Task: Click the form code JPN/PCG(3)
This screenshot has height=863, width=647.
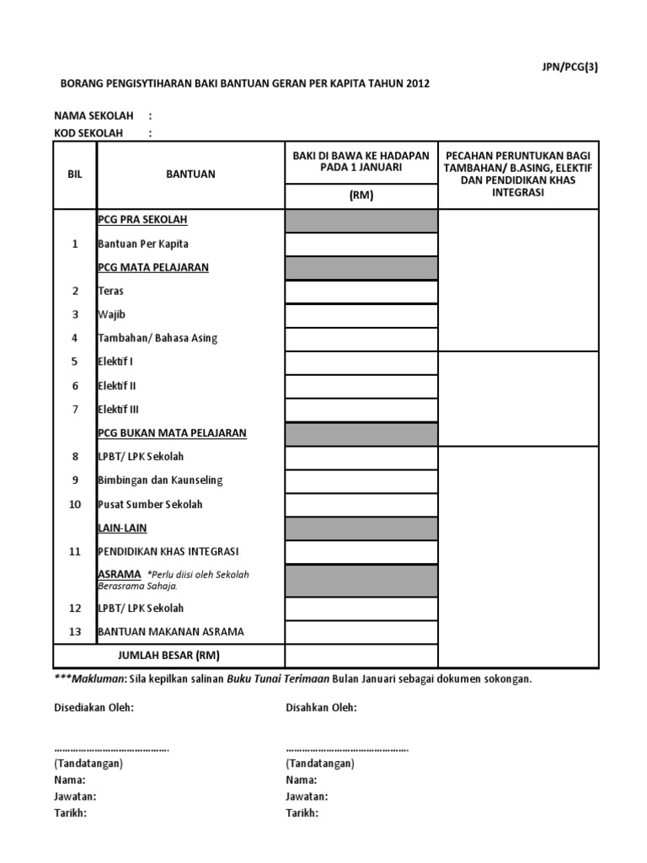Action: tap(570, 68)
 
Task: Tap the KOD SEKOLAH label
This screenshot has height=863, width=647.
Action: tap(88, 133)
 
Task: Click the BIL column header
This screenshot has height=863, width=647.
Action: tap(75, 174)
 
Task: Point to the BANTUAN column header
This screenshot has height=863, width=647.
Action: tap(190, 174)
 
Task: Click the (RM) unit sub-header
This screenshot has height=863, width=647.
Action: tap(361, 196)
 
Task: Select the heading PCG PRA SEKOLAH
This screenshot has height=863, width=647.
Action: tap(142, 220)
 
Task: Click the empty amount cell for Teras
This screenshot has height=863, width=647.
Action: tap(361, 292)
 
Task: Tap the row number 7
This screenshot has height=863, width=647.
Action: tap(75, 410)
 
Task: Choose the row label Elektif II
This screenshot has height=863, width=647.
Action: tap(117, 386)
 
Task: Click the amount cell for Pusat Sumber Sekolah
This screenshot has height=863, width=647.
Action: tap(361, 505)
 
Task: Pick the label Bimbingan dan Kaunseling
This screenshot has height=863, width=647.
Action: tap(160, 480)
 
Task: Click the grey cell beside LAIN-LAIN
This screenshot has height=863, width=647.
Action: tap(361, 528)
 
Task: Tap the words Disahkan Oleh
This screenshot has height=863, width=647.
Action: tap(321, 707)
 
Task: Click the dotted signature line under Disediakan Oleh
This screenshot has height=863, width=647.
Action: tap(111, 748)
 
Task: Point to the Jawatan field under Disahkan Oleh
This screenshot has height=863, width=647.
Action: tap(307, 796)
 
